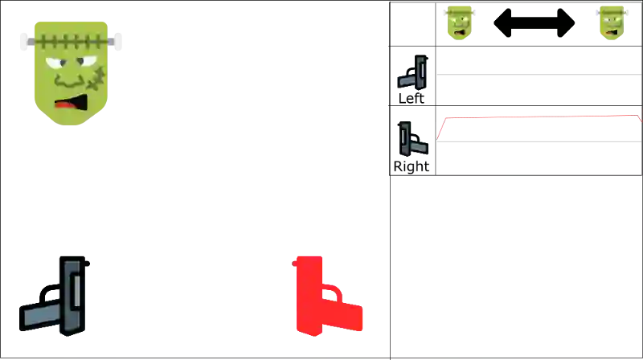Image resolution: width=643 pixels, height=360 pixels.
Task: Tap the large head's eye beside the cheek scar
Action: (x=83, y=63)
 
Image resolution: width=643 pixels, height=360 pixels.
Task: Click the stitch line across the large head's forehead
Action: (x=70, y=39)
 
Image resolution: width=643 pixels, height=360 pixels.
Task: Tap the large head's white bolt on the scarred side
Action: (x=115, y=42)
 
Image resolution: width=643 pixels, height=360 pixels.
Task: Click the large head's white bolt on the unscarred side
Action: (x=26, y=42)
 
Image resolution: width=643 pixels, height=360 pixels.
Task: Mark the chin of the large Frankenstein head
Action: (x=71, y=121)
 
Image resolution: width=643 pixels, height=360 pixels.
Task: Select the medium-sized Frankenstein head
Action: (x=459, y=22)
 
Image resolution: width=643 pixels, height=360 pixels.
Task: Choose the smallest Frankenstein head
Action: (x=611, y=22)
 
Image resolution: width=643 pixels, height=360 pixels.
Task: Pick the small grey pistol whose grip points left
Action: (x=412, y=73)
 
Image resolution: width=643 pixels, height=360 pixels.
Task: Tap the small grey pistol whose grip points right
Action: (x=413, y=140)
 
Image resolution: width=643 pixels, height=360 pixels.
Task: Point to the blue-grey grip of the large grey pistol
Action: (x=40, y=314)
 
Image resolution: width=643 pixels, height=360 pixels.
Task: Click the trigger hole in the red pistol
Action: (x=330, y=295)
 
